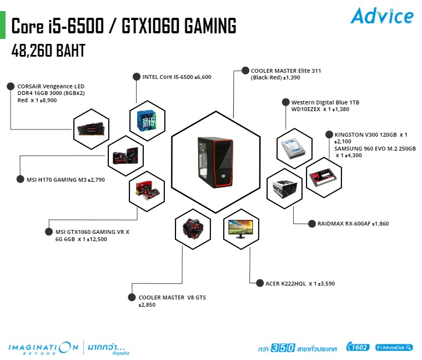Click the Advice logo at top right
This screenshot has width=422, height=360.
(381, 16)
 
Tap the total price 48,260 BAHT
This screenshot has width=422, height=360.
(48, 51)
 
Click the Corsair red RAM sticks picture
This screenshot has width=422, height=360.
(92, 129)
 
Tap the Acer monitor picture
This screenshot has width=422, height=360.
(240, 229)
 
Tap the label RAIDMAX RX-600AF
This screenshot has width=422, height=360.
(353, 224)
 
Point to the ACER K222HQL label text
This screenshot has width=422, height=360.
(300, 284)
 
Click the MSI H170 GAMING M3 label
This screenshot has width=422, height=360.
(66, 179)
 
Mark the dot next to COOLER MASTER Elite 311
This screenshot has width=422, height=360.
(245, 71)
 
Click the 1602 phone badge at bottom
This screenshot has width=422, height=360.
(357, 347)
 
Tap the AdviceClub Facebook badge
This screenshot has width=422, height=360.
(394, 347)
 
